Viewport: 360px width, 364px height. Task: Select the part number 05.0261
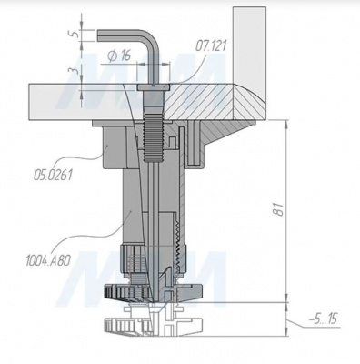point(53,175)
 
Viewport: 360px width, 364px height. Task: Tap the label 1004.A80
point(48,260)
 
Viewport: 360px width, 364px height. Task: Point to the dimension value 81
point(279,208)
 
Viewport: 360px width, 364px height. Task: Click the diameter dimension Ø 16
point(119,56)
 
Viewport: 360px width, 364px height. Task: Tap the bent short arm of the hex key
point(121,34)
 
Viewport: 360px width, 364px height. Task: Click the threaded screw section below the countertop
point(152,137)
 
